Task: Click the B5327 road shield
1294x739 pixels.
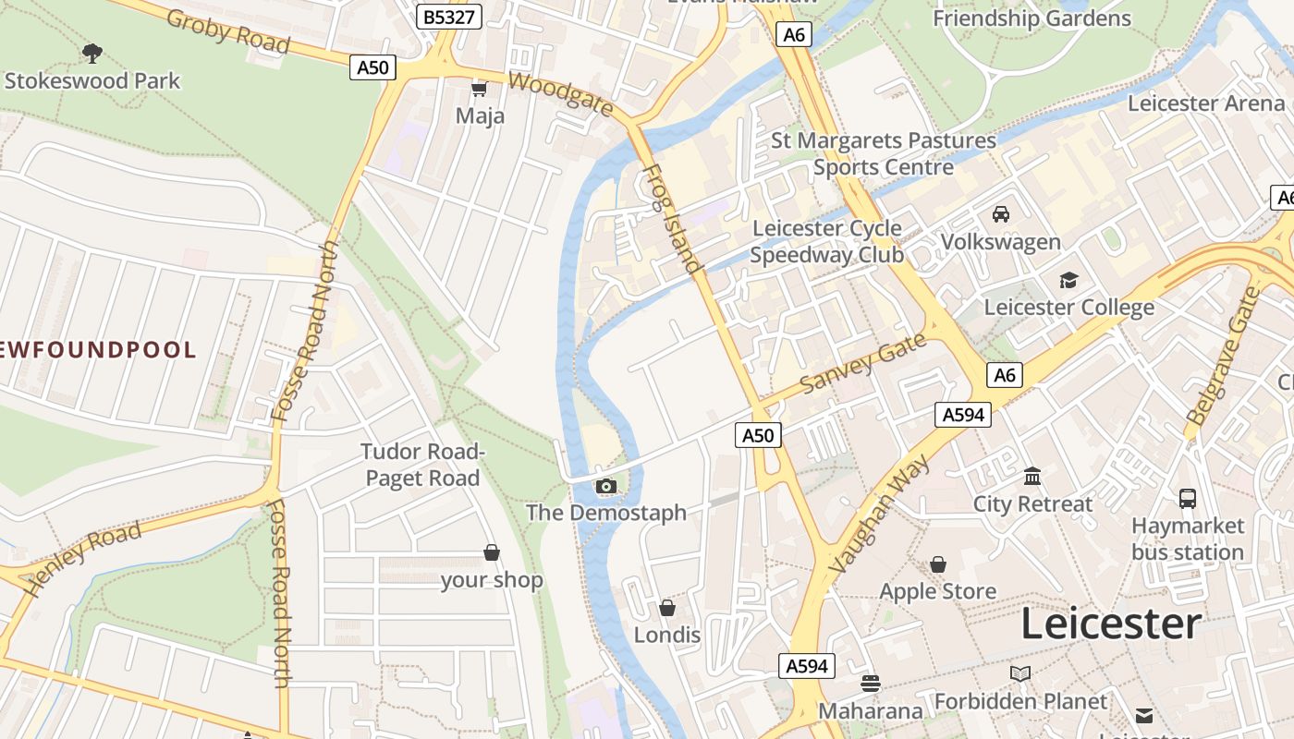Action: pyautogui.click(x=448, y=17)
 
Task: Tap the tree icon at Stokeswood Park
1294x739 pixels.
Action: pyautogui.click(x=92, y=53)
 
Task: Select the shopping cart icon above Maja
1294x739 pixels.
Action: pyautogui.click(x=479, y=89)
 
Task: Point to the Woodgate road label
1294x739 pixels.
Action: pyautogui.click(x=560, y=94)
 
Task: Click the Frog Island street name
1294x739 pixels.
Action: pyautogui.click(x=671, y=219)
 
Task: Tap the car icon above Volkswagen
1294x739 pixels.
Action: pyautogui.click(x=1000, y=214)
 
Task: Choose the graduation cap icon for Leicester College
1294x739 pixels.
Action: pyautogui.click(x=1068, y=280)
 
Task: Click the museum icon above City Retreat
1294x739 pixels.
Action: pyautogui.click(x=1032, y=477)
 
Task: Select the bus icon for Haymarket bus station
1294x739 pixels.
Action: pyautogui.click(x=1188, y=499)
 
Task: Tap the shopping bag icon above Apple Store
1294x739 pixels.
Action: pyautogui.click(x=938, y=564)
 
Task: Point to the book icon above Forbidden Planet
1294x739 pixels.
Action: pyautogui.click(x=1019, y=674)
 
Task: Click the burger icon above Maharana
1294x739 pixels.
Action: pyautogui.click(x=870, y=684)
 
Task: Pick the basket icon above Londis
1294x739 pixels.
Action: pyautogui.click(x=666, y=608)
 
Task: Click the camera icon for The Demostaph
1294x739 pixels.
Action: pyautogui.click(x=606, y=486)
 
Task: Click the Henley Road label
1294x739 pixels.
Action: pyautogui.click(x=82, y=557)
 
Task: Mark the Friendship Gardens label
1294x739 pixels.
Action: pyautogui.click(x=1032, y=18)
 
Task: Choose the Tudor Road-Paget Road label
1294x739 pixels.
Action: pyautogui.click(x=422, y=465)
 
